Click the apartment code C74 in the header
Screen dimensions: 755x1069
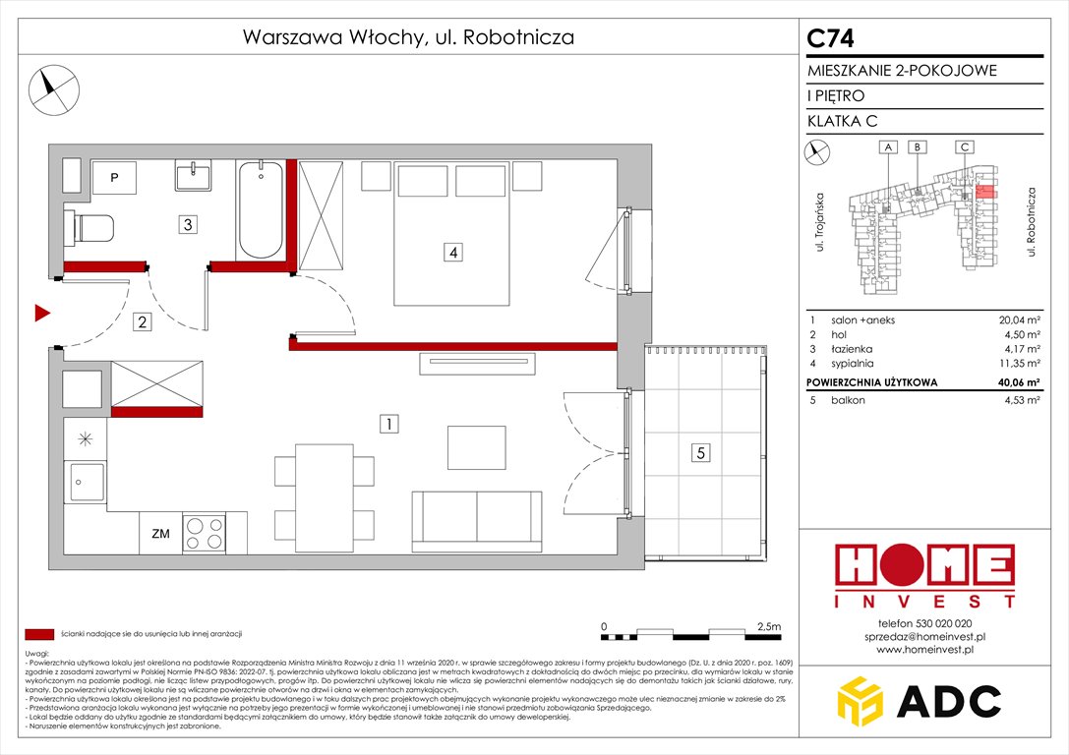tap(831, 38)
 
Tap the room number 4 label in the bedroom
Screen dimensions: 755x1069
tap(452, 253)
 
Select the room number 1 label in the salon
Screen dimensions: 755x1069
tap(390, 425)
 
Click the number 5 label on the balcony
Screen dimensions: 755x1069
tap(699, 453)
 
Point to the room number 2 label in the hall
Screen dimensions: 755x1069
tap(143, 321)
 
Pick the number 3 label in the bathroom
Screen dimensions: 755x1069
tap(187, 224)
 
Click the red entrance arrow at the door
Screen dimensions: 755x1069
tap(41, 314)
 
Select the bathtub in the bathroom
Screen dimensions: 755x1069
tap(261, 209)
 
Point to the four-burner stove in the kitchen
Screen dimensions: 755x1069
tap(204, 533)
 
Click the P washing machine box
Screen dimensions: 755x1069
tap(114, 178)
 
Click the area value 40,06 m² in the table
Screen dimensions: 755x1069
tap(1020, 382)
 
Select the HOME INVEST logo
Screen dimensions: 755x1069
tap(923, 575)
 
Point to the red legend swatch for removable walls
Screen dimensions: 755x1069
tap(39, 634)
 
